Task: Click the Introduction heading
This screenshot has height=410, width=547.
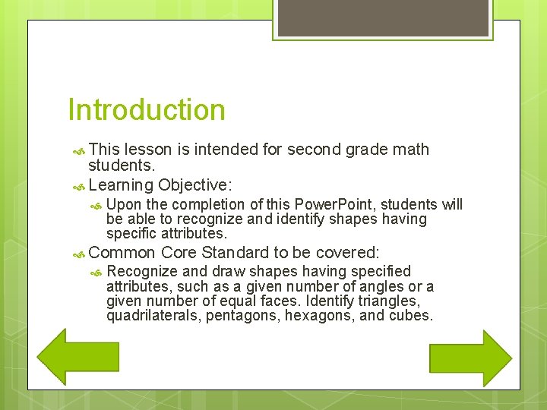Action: pos(147,110)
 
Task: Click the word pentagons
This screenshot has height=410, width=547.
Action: pos(244,315)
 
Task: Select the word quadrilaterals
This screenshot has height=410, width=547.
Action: pos(154,315)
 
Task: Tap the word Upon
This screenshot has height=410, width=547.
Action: pos(123,204)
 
